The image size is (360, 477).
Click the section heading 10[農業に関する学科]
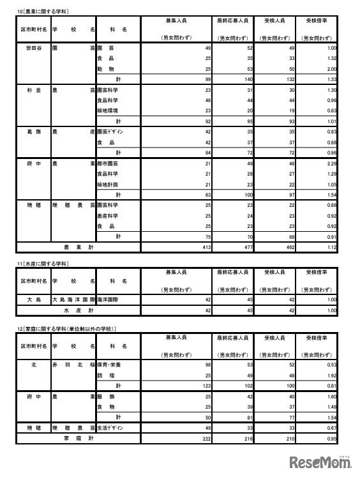43,11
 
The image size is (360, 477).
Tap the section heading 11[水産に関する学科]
43,263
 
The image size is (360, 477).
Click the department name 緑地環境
108,110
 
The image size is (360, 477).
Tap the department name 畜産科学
108,215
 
